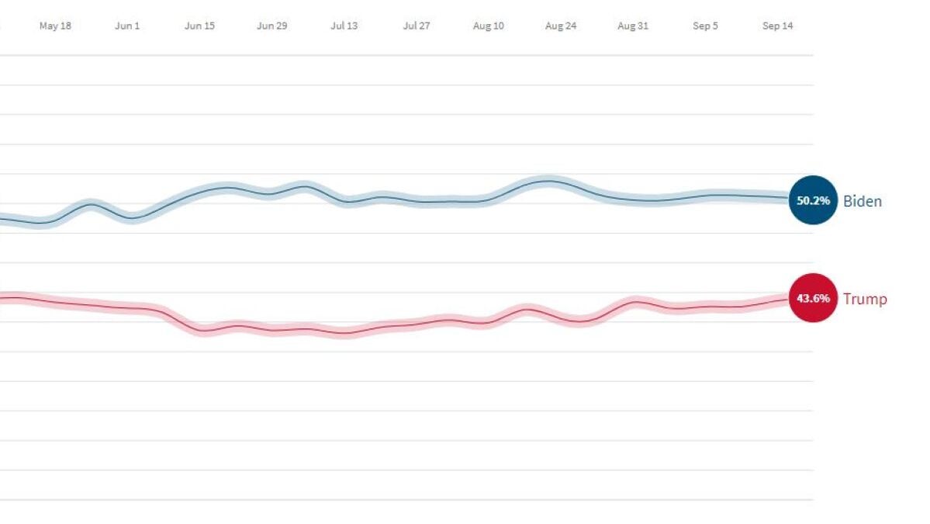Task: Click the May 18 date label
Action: (55, 26)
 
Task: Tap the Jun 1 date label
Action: (127, 26)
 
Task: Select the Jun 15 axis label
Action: (199, 26)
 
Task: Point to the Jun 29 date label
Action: (271, 26)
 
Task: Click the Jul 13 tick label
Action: (344, 26)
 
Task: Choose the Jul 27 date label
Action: (417, 26)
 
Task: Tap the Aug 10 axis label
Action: (489, 26)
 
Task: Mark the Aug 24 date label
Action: (561, 26)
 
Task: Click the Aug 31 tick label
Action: (633, 26)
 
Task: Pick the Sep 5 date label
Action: (705, 26)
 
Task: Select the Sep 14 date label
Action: (777, 26)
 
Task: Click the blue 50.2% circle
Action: (813, 200)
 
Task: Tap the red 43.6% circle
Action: (813, 298)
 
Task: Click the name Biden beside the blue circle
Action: (863, 201)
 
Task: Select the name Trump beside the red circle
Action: (865, 299)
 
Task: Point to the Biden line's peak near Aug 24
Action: (549, 182)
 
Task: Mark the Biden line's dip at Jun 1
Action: (130, 218)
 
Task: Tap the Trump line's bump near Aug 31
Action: (637, 301)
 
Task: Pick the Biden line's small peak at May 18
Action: (91, 204)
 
